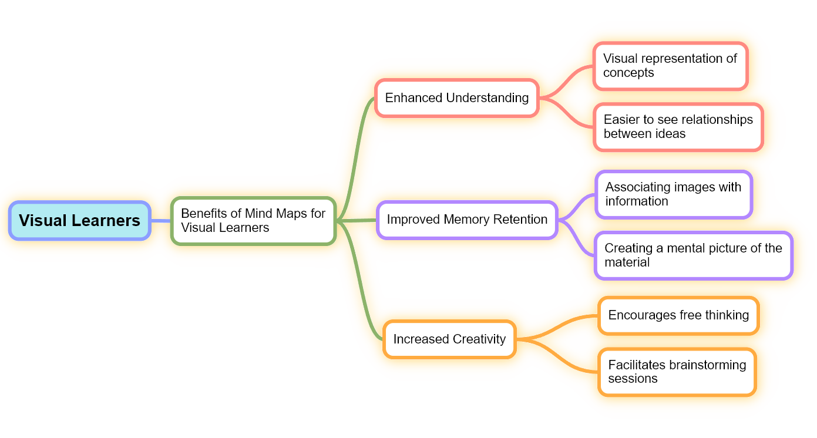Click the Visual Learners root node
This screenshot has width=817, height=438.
[79, 221]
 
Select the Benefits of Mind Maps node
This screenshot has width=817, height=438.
[253, 221]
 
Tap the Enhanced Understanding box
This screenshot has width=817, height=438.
[456, 98]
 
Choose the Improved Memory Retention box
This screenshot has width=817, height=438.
[466, 220]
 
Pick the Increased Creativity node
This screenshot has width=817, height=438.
[449, 339]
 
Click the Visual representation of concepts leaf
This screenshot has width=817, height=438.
[670, 66]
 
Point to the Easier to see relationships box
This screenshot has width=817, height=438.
[678, 127]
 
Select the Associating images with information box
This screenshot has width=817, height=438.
[673, 194]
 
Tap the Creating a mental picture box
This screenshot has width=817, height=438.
[693, 255]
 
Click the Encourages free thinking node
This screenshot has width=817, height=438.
[678, 315]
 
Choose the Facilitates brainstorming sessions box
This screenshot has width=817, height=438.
[677, 372]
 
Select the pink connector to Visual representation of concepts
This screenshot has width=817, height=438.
[567, 79]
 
